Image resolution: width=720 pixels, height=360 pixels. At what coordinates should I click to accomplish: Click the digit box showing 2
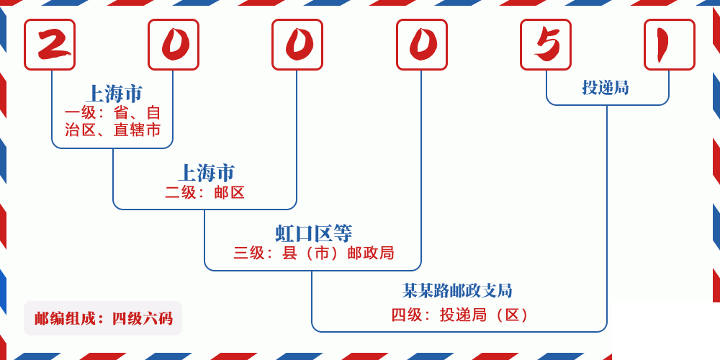tap(50, 45)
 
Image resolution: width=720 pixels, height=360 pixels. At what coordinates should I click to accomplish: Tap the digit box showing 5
tap(546, 45)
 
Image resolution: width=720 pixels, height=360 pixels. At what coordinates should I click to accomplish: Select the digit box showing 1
tap(670, 45)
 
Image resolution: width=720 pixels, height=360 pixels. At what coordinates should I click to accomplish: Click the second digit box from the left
tap(174, 45)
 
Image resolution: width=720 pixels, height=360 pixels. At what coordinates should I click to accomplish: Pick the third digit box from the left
tap(297, 45)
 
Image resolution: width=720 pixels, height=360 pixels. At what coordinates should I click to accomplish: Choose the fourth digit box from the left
tap(422, 45)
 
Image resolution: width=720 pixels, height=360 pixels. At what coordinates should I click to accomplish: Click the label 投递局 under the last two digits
tap(606, 88)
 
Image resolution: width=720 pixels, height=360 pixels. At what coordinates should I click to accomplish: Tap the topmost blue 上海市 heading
tap(114, 94)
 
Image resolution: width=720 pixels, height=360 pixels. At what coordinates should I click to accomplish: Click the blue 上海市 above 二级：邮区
tap(206, 173)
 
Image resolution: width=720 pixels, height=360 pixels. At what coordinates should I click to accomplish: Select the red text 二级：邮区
tap(205, 192)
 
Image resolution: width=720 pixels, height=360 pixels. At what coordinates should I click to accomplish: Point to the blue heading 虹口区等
tap(313, 233)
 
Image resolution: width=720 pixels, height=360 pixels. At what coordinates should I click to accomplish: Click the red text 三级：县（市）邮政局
tap(313, 253)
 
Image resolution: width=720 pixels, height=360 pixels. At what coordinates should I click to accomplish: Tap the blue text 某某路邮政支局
tap(457, 291)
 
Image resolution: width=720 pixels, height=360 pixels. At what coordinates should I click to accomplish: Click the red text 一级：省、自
tap(113, 113)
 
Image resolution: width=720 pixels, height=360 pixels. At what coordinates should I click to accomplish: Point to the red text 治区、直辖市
tap(113, 130)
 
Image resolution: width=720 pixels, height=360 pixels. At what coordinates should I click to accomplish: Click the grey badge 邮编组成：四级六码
tap(103, 318)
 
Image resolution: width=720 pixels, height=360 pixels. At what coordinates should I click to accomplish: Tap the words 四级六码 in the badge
tap(142, 318)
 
